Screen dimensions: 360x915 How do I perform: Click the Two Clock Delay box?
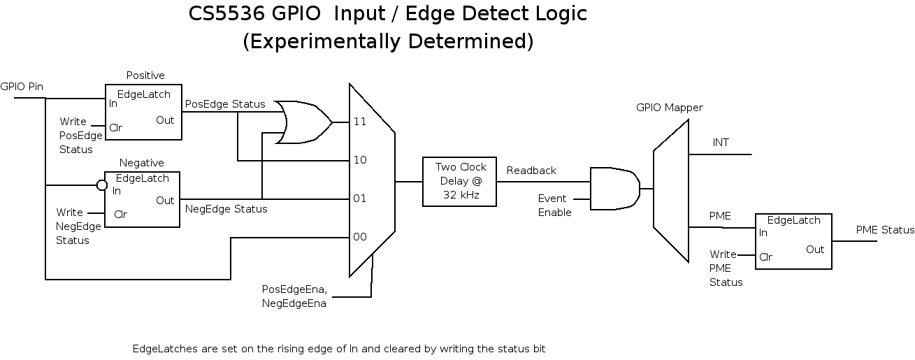coord(459,181)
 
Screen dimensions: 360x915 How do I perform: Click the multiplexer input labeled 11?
coord(359,122)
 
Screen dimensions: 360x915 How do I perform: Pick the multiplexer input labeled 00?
coord(359,237)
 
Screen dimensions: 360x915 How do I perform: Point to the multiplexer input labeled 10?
coord(359,160)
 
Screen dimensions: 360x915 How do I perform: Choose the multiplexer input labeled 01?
coord(359,199)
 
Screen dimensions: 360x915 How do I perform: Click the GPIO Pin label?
coord(22,87)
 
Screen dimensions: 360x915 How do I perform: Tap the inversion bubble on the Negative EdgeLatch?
coord(101,185)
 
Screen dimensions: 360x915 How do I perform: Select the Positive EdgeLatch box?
coord(143,112)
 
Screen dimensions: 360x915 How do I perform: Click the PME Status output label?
coord(885,230)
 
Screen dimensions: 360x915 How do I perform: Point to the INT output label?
coord(721,143)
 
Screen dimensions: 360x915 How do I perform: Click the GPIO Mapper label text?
coord(669,108)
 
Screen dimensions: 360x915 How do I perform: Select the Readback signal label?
coord(531,171)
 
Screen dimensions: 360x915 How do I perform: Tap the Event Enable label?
coord(554,206)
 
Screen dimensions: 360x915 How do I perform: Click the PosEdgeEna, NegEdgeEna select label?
coord(294,296)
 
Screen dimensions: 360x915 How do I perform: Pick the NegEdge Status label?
coord(226,208)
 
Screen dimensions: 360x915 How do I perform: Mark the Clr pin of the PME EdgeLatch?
coord(766,257)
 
